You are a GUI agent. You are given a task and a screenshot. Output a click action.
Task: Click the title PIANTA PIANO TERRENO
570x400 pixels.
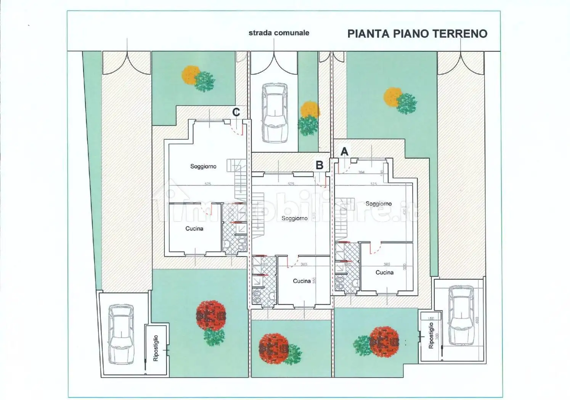[417, 34]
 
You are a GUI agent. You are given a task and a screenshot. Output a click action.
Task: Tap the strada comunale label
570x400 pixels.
[279, 33]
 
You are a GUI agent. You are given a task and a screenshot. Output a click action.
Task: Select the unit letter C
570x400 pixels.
[236, 112]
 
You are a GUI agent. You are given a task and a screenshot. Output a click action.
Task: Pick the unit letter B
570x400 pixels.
[320, 165]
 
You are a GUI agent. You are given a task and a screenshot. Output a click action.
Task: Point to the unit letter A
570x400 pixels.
[344, 152]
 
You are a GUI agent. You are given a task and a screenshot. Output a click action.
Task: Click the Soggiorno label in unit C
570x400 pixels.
[203, 166]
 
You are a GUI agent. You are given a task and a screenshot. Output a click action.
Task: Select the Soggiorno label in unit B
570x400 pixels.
[294, 218]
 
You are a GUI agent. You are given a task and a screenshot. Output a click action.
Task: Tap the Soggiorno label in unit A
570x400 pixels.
[378, 204]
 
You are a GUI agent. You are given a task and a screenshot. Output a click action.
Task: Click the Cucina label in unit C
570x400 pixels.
[194, 229]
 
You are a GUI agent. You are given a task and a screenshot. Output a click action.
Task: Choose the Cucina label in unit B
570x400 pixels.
[302, 281]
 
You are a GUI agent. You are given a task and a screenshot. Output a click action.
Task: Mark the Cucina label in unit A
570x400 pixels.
[384, 272]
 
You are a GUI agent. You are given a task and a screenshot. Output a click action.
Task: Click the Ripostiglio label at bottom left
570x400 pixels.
[156, 348]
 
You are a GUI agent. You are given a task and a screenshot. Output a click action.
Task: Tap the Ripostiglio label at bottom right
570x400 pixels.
[431, 336]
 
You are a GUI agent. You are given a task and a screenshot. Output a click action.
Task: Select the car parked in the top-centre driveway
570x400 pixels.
[275, 113]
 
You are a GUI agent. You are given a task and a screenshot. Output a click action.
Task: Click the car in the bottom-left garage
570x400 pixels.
[121, 334]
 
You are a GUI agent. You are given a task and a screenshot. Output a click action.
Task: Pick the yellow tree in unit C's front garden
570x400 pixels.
[191, 75]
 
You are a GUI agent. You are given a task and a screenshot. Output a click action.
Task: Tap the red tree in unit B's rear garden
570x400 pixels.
[273, 347]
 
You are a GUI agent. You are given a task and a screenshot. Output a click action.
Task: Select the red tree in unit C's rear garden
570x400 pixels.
[211, 315]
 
